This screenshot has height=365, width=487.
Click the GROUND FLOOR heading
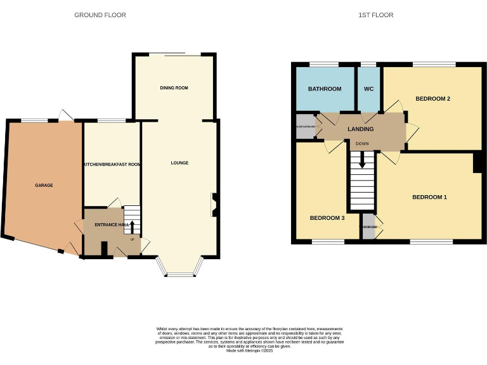100,15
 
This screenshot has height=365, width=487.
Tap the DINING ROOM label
174,87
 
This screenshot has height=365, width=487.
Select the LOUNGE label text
179,163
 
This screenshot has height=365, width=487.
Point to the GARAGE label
44,185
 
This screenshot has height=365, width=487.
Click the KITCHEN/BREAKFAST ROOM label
112,165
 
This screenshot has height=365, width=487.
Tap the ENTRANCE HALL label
112,224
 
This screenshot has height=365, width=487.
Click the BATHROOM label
325,89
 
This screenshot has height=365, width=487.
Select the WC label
368,89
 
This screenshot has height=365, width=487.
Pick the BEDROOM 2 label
433,99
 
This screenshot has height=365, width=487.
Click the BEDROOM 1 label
429,197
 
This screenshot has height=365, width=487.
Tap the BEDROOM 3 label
327,218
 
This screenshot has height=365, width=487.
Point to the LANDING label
360,129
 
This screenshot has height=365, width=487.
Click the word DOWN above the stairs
362,144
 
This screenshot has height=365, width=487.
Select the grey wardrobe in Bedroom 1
368,227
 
